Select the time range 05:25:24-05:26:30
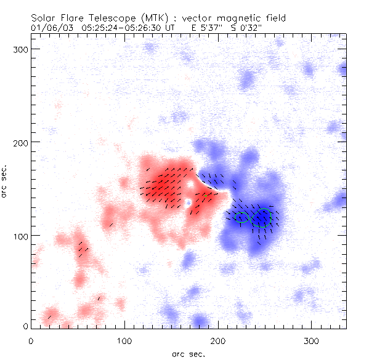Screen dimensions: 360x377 117,28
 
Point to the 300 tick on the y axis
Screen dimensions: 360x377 22,49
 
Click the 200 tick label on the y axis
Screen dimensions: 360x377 22,142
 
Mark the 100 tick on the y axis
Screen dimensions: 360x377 22,236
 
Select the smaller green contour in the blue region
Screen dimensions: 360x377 241,217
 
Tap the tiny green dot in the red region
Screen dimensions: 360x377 204,197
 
